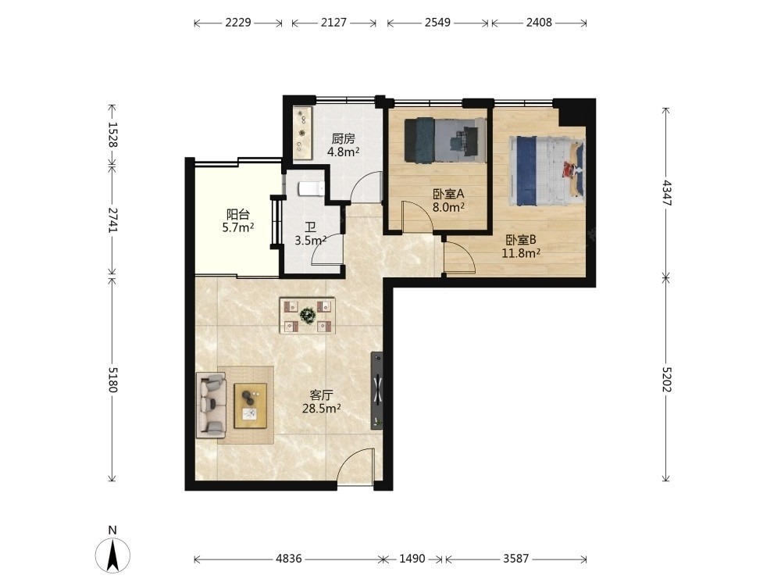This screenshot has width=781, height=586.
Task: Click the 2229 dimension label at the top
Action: click(x=238, y=23)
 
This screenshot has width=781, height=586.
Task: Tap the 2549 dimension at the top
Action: click(x=438, y=23)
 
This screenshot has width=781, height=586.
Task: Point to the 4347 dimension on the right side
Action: click(x=667, y=193)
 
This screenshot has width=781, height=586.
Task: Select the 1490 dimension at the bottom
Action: click(x=412, y=559)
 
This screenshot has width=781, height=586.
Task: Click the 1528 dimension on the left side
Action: click(x=112, y=134)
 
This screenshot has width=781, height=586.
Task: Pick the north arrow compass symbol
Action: click(x=112, y=554)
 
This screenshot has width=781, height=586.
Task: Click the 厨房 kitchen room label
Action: click(x=343, y=138)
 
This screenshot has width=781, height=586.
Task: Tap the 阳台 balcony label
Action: click(x=237, y=215)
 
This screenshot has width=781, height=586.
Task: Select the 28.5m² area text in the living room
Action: click(x=321, y=409)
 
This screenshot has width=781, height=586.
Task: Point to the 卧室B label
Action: click(x=521, y=240)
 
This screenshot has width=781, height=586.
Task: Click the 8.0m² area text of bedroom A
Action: click(x=448, y=207)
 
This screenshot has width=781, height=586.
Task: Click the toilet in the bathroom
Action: click(x=311, y=189)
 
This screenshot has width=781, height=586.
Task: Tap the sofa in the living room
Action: click(x=211, y=405)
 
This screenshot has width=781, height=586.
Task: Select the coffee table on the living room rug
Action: click(x=251, y=406)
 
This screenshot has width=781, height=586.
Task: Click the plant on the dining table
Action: click(x=307, y=315)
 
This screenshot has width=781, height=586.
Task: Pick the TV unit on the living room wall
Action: click(x=377, y=391)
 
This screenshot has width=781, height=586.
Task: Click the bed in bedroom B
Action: click(x=546, y=171)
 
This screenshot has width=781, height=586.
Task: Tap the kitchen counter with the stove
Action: click(x=302, y=133)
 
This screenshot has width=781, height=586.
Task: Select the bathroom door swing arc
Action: click(x=326, y=249)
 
